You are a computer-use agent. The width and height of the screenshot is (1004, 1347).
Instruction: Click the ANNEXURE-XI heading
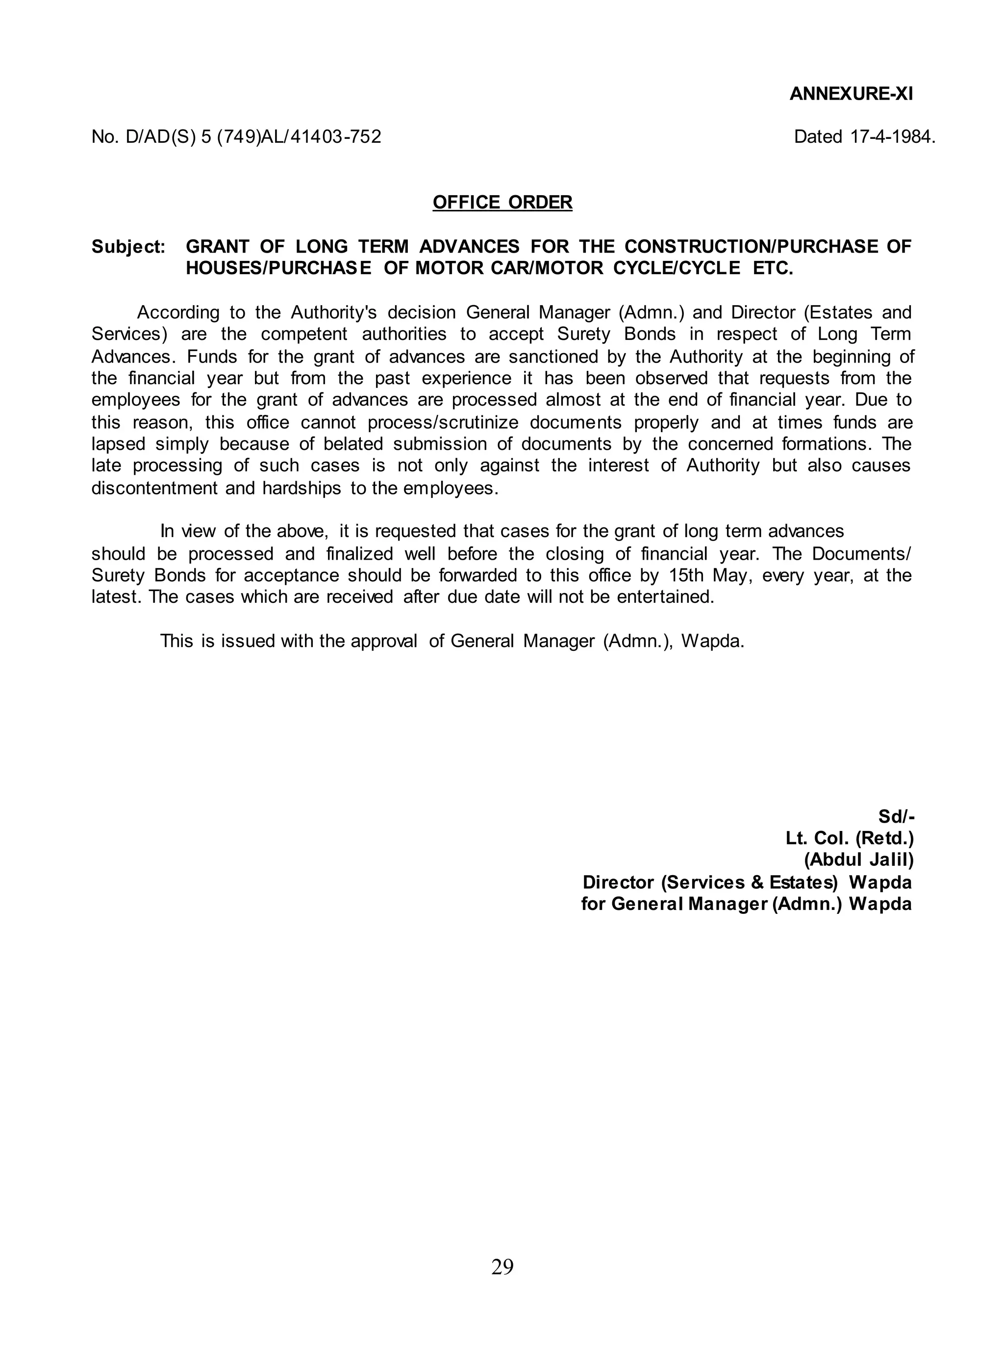point(851,94)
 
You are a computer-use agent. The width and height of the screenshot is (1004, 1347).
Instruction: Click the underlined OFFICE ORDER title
point(502,203)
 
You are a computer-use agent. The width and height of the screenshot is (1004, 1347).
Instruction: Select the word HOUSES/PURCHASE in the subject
point(278,268)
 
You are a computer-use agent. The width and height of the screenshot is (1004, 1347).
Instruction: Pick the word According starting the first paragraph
point(177,312)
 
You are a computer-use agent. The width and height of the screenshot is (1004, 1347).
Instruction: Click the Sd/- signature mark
point(896,817)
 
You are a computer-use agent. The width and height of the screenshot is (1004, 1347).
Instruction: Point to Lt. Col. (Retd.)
point(849,839)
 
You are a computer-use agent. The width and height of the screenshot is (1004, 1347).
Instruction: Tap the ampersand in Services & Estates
point(757,882)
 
